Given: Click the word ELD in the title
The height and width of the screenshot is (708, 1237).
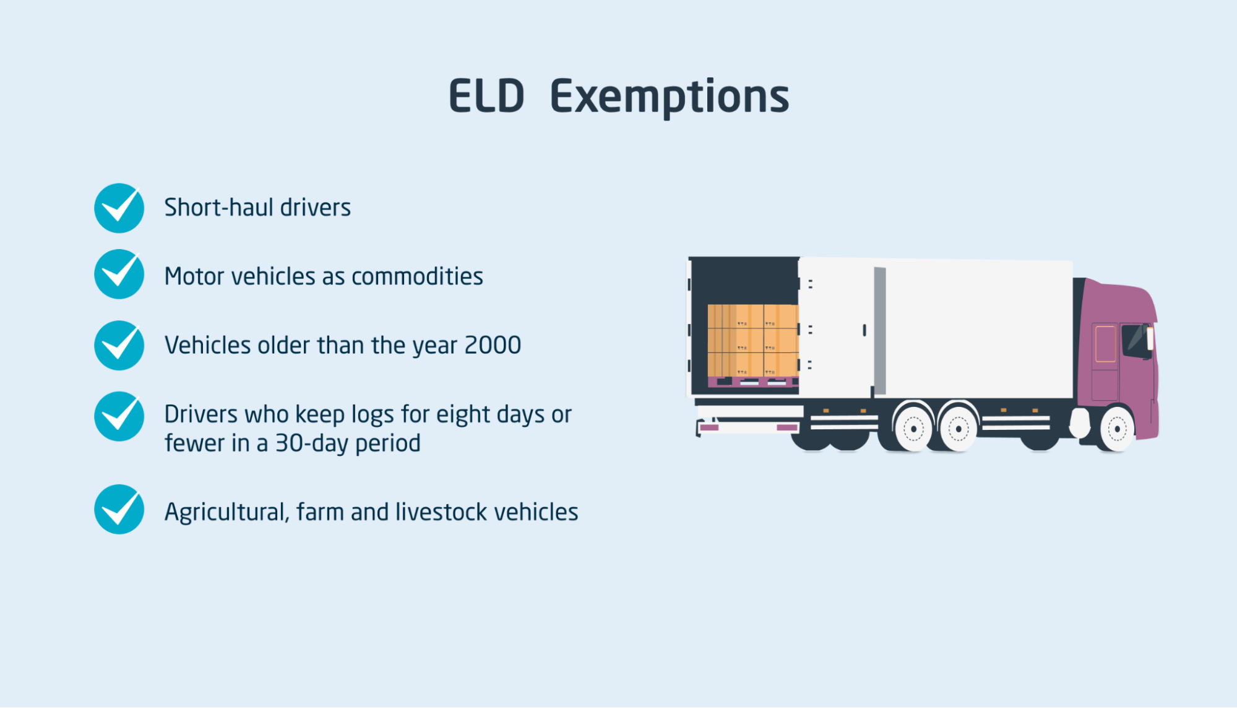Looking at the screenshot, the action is point(486,97).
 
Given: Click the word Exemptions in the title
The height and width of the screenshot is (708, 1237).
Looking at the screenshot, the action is point(670,98).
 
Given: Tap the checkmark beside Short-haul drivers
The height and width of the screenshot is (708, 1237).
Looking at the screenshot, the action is point(119,208).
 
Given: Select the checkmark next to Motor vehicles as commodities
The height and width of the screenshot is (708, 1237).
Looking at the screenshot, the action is point(119,274).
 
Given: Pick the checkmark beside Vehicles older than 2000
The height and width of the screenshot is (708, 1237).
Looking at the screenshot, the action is point(119,345).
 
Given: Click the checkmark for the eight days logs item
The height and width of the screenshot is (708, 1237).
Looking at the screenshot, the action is point(119,416).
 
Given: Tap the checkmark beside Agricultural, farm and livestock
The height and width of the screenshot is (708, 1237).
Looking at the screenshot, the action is point(119,509).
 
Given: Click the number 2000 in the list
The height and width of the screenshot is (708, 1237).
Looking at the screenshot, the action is point(493,345).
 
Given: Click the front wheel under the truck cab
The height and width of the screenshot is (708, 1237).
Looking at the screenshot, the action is point(1117,428).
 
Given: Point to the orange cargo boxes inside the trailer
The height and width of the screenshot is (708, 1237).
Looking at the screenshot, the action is point(753,340).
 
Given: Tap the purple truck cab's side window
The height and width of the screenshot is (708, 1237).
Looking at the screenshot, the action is point(1136,340).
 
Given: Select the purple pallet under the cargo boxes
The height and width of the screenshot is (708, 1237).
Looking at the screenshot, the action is point(753,382).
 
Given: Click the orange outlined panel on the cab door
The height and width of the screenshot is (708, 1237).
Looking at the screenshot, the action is point(1106,343).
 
